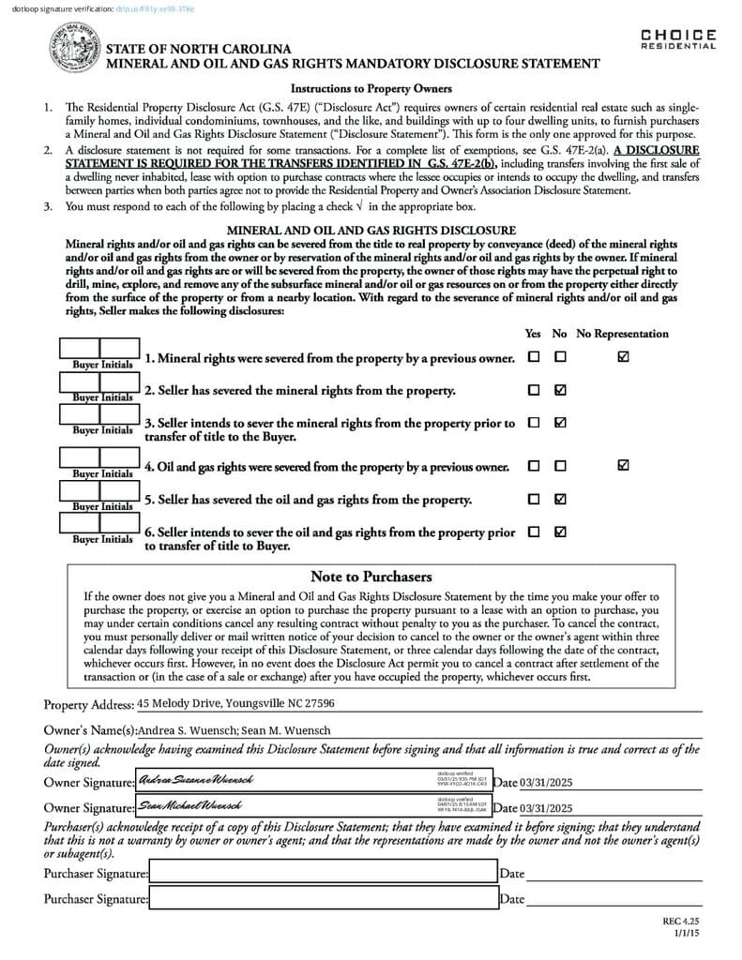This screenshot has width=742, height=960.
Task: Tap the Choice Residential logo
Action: click(678, 39)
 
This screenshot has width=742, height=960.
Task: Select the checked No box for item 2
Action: click(560, 390)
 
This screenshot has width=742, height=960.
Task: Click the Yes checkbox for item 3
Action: click(534, 423)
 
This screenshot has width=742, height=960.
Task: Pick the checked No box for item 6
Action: click(560, 532)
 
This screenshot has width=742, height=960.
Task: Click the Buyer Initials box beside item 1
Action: click(99, 351)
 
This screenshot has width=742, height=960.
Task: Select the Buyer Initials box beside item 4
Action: click(99, 458)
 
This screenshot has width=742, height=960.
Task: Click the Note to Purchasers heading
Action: click(371, 577)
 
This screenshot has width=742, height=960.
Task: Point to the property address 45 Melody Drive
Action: click(235, 703)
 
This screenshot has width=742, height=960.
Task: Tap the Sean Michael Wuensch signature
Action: click(190, 805)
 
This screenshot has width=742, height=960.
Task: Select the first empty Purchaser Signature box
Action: click(323, 873)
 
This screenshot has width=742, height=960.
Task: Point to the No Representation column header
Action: click(622, 334)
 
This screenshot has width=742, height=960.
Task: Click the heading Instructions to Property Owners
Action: click(371, 89)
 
